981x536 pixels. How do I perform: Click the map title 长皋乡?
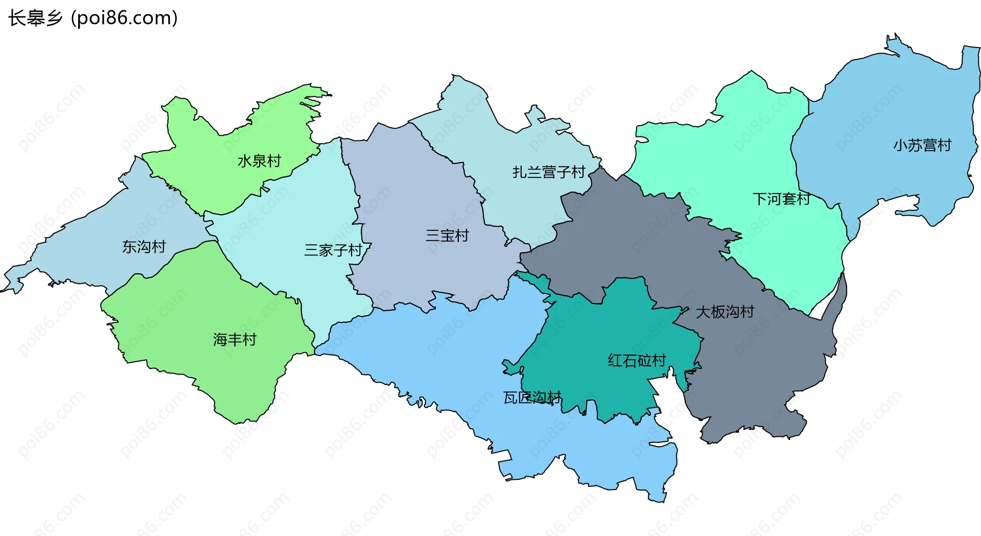coord(35,18)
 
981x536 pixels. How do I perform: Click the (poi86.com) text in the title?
coord(124,18)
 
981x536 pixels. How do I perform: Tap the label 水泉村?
coord(259,161)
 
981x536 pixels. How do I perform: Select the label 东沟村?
coord(144,247)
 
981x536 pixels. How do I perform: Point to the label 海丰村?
coord(235,339)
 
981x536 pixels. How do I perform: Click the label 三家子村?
coord(333,250)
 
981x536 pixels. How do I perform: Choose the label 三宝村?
coord(447,236)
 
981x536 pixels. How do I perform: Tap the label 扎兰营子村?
coord(549,172)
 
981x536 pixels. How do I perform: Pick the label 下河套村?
coord(781,199)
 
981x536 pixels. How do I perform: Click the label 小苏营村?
coord(922,145)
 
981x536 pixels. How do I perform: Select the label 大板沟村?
coord(725,312)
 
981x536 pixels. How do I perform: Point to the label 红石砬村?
coord(637,360)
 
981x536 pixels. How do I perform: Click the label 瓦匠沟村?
coord(532,397)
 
